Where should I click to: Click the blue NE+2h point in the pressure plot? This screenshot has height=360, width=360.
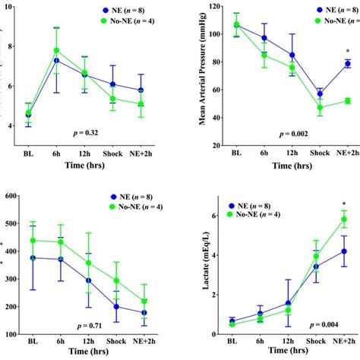click(x=347, y=64)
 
